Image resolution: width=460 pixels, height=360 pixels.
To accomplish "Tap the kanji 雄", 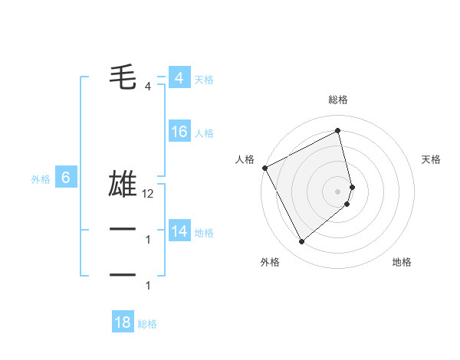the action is click(123, 185).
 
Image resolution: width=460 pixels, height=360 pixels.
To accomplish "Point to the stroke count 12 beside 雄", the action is click(148, 195).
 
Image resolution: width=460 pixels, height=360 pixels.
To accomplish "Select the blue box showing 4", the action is click(179, 78).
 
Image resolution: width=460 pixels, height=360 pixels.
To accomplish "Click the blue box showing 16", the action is click(179, 132).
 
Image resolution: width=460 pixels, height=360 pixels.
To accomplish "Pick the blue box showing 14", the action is click(179, 231).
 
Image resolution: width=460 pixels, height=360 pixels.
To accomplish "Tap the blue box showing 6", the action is click(66, 178).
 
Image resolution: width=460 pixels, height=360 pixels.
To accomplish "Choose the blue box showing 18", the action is click(123, 322).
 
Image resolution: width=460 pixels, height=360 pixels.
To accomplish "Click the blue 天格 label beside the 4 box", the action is click(204, 80).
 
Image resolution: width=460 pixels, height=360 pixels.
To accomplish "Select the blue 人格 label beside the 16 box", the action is click(204, 133).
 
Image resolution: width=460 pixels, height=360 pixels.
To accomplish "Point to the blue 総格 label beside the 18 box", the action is click(147, 324).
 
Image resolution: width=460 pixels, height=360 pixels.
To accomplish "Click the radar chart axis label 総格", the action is click(338, 100).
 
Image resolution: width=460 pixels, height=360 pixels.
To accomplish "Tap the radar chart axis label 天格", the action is click(431, 159).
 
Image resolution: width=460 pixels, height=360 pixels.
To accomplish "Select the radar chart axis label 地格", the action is click(402, 262).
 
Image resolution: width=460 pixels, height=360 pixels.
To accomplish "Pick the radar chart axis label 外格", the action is click(270, 262).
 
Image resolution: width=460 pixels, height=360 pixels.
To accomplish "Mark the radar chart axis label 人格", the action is click(245, 159).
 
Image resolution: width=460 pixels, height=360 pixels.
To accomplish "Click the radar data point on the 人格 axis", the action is click(264, 168).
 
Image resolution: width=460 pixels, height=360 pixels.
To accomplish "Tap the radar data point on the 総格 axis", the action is click(338, 131).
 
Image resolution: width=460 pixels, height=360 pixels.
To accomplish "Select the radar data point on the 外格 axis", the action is click(301, 242).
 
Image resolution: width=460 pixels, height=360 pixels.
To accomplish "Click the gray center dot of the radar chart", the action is click(338, 191).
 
